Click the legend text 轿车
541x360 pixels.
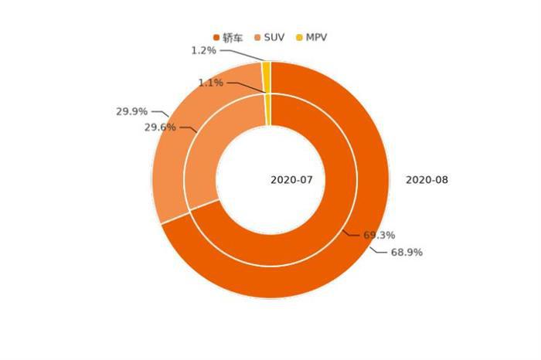pyautogui.click(x=234, y=36)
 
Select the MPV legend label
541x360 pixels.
pyautogui.click(x=316, y=36)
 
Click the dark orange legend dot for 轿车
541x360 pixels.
pyautogui.click(x=216, y=36)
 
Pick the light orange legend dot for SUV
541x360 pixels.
pyautogui.click(x=258, y=36)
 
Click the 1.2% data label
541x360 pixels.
pyautogui.click(x=204, y=50)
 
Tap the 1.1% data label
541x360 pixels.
pyautogui.click(x=211, y=82)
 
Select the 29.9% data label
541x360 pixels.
pyautogui.click(x=131, y=111)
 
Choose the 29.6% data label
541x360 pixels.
pyautogui.click(x=160, y=127)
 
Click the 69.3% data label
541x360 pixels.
pyautogui.click(x=379, y=234)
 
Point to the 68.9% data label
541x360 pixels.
pyautogui.click(x=407, y=253)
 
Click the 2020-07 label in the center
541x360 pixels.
pyautogui.click(x=291, y=180)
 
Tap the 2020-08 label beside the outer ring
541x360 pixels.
pyautogui.click(x=427, y=180)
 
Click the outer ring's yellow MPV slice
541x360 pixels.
pyautogui.click(x=267, y=69)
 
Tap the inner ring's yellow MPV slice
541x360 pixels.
pyautogui.click(x=268, y=108)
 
